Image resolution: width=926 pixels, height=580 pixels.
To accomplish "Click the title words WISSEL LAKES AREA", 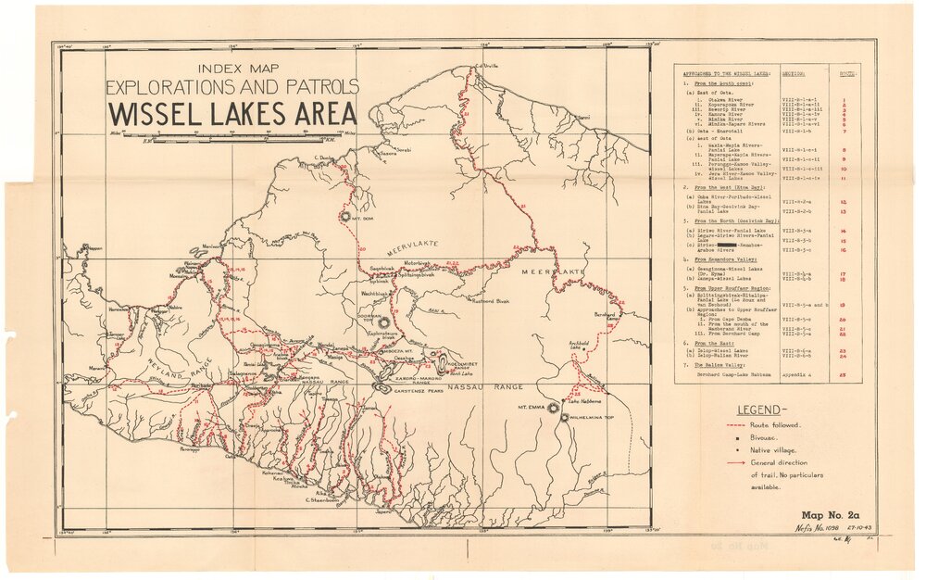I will coord(232,114).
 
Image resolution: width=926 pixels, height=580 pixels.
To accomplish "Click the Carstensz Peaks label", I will coord(422,391).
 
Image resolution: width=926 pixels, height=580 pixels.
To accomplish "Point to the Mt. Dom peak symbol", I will coord(346,216).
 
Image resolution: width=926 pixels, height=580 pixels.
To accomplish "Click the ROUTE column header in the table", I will coord(844,72).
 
